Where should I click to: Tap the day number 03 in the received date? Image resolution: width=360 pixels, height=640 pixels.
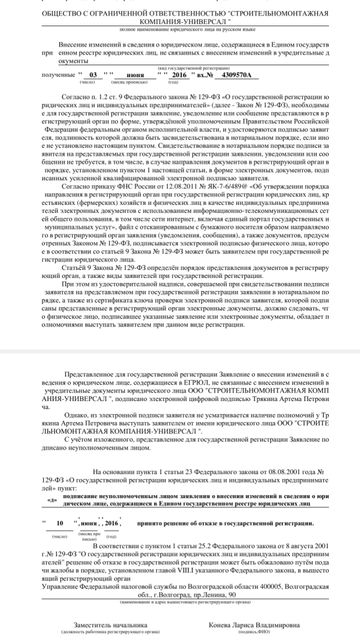92,75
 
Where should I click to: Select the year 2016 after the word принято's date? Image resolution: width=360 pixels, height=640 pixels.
111,523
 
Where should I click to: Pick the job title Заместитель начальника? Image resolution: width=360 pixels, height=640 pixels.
110,625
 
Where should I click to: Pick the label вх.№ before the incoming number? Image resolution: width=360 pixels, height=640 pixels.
204,75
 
